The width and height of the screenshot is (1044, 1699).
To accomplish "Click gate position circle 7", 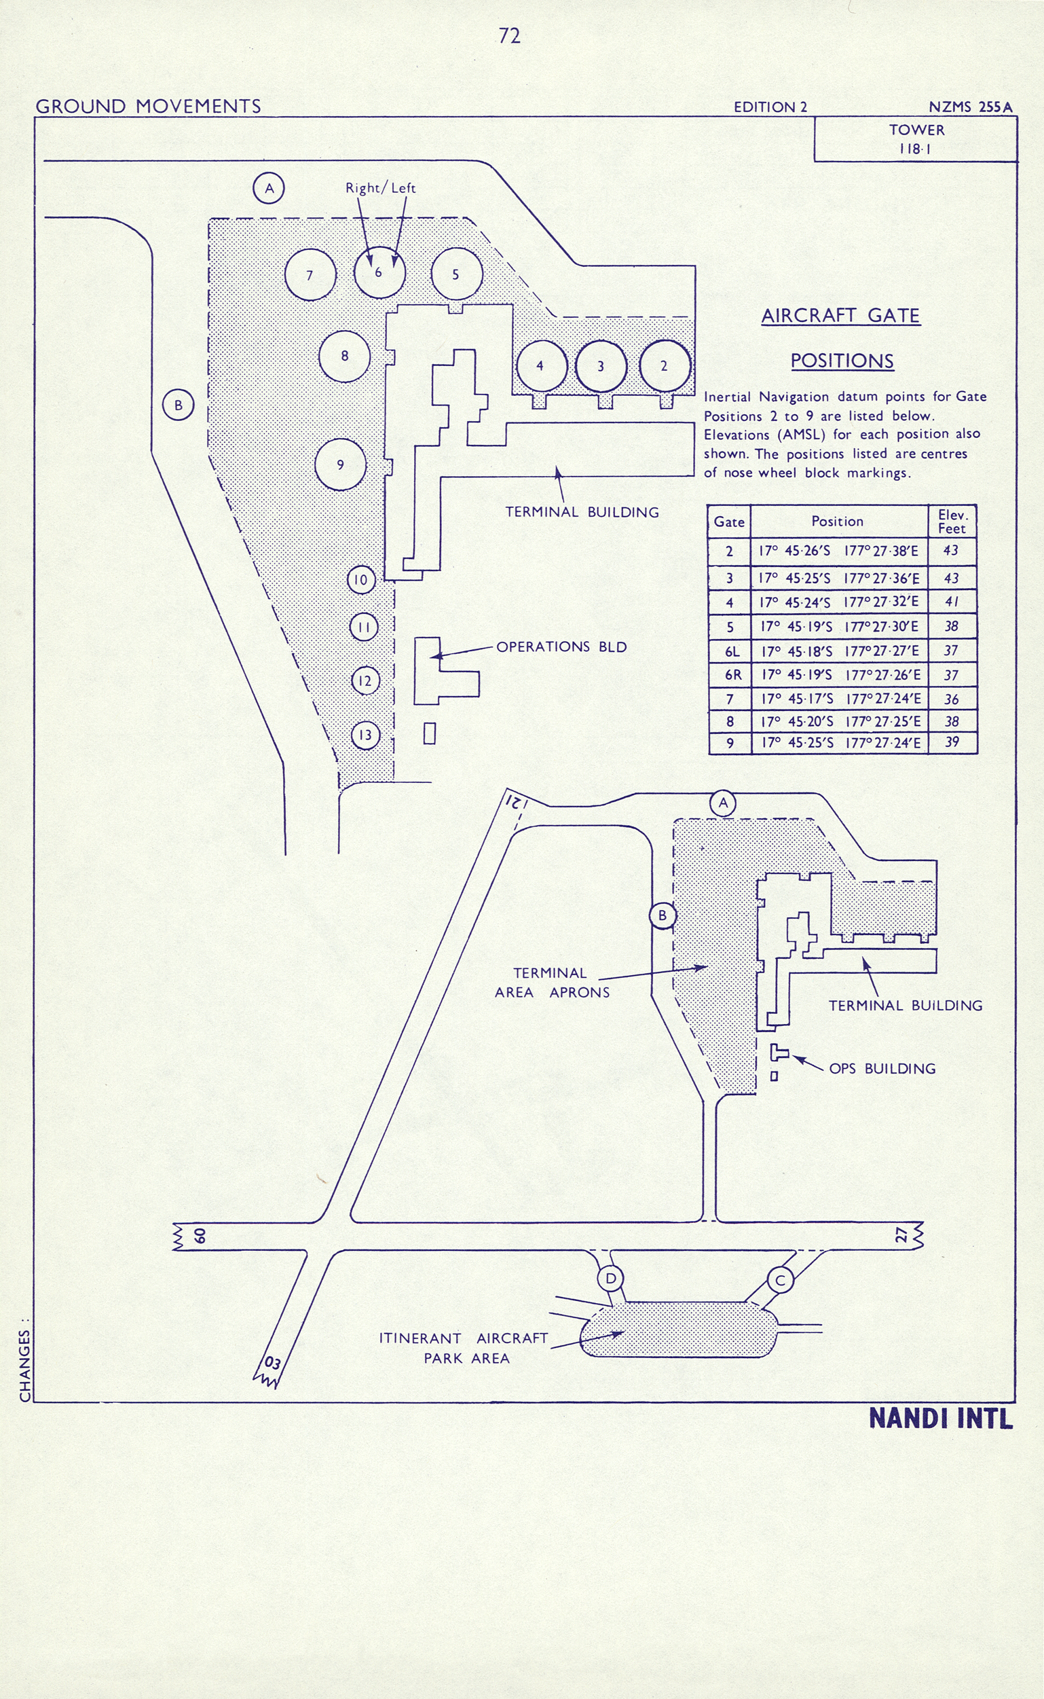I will coord(310,275).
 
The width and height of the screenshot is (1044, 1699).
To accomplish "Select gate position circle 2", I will coord(665,366).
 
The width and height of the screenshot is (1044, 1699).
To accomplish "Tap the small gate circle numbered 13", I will coord(365,735).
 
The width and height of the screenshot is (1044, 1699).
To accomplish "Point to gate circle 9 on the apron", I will coord(340,464).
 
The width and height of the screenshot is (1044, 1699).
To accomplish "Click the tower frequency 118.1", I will coord(916,149).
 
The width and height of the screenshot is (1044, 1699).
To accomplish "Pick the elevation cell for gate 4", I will coord(952,602).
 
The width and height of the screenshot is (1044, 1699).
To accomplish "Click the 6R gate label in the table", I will coord(732,675).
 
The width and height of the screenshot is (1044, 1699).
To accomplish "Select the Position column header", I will coord(837,522).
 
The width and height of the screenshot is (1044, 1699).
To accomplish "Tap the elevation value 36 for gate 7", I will coord(952,699).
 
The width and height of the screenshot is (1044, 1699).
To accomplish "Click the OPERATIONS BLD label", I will coord(561,647).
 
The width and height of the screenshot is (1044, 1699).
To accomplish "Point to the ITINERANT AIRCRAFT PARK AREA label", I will coord(464,1347).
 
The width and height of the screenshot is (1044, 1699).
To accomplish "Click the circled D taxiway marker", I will coord(610,1279).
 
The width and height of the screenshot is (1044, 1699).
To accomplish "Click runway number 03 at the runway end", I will coord(273,1363).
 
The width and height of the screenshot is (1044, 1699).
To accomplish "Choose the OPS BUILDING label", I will coord(882,1068).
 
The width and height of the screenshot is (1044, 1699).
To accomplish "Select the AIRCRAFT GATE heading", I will coord(840,316).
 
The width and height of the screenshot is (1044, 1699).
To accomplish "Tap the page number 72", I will coord(510,36).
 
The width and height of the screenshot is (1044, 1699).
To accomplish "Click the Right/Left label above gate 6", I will coord(380,188).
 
